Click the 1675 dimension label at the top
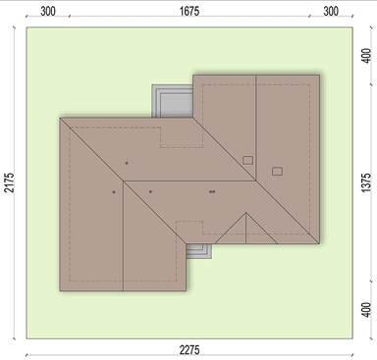click(x=189, y=11)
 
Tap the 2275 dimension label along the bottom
click(x=189, y=350)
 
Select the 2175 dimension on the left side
click(x=10, y=182)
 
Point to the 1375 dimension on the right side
click(x=367, y=182)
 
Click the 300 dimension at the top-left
click(x=48, y=11)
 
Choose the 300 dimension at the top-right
click(x=331, y=11)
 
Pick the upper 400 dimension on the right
click(x=367, y=56)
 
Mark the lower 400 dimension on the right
click(x=367, y=310)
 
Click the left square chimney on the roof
click(x=247, y=160)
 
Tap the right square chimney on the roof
click(x=277, y=171)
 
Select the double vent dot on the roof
click(x=212, y=191)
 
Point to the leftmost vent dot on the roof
click(x=114, y=192)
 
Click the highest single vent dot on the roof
click(x=127, y=163)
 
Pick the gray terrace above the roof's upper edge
click(x=172, y=101)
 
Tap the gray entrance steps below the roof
click(x=199, y=251)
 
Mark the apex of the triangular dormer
click(x=245, y=213)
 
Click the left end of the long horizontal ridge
click(x=123, y=180)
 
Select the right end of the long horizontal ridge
click(x=256, y=180)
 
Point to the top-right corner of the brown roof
click(x=319, y=76)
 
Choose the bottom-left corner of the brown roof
click(x=60, y=290)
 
